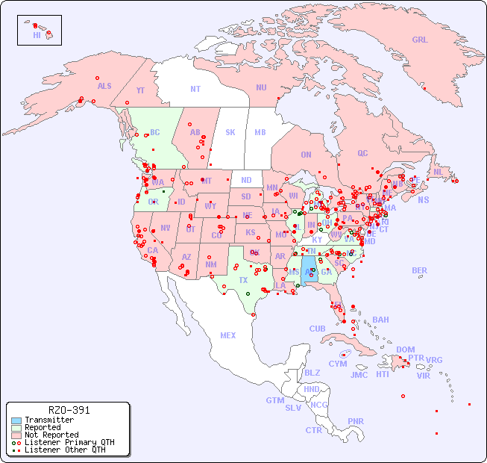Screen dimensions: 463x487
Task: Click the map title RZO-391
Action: pos(69,410)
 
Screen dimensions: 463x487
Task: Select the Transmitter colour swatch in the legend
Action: pos(16,420)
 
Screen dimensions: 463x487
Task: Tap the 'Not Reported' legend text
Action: pos(51,435)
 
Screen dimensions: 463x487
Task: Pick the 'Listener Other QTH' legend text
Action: pos(65,450)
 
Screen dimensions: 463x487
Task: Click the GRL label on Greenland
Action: pos(420,40)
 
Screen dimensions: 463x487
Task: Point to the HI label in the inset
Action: pos(37,34)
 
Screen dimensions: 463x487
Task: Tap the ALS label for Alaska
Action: pos(104,86)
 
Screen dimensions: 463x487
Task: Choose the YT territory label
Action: pos(140,90)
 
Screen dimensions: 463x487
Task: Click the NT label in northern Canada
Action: pos(195,88)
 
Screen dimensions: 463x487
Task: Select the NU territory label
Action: pos(261,87)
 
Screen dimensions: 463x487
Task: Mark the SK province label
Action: pos(230,132)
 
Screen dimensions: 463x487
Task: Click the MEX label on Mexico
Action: pos(228,335)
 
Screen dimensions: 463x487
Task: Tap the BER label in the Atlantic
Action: pos(420,270)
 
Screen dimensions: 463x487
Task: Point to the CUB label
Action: pos(317,329)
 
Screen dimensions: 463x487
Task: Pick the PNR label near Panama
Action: pos(356,421)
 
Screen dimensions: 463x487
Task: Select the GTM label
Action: pos(274,400)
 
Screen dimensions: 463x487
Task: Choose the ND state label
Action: pos(246,180)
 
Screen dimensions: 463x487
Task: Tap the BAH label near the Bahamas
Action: pos(380,320)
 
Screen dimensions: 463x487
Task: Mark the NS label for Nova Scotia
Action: pos(423,199)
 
